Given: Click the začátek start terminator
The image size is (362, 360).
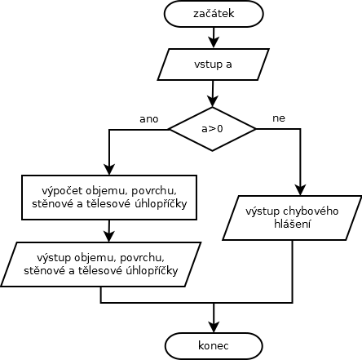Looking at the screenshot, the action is coord(214,14).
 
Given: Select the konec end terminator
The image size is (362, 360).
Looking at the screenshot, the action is coord(214,346).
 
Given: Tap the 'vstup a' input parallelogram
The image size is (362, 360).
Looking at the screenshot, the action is coord(214,64).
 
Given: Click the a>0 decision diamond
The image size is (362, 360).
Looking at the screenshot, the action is coord(212,129).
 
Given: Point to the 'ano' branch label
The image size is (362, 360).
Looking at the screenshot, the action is coord(149,119).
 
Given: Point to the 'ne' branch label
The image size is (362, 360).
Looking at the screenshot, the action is coord(279,118).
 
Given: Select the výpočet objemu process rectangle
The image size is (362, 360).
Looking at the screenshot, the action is coord(109,198).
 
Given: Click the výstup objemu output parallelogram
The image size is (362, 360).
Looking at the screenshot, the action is coord(101,264).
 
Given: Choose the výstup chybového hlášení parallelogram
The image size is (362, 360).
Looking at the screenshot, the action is coord(292,218).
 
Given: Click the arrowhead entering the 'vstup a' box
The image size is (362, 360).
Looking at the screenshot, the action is coord(214,43).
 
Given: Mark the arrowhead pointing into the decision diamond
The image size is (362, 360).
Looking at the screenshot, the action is coord(213,101).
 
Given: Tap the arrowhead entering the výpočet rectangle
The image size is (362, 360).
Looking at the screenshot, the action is coord(109,170).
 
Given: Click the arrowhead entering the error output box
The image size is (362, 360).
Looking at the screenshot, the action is coord(300,190).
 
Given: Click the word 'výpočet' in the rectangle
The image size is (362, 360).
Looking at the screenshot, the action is coord(62,191).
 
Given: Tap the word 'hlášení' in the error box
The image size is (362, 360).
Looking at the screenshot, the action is coord(292,224).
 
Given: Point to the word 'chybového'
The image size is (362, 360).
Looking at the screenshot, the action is coord(311,211).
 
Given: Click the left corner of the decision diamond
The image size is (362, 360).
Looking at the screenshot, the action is coord(169,129).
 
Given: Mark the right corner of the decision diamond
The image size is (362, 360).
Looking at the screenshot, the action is coord(256,129).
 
